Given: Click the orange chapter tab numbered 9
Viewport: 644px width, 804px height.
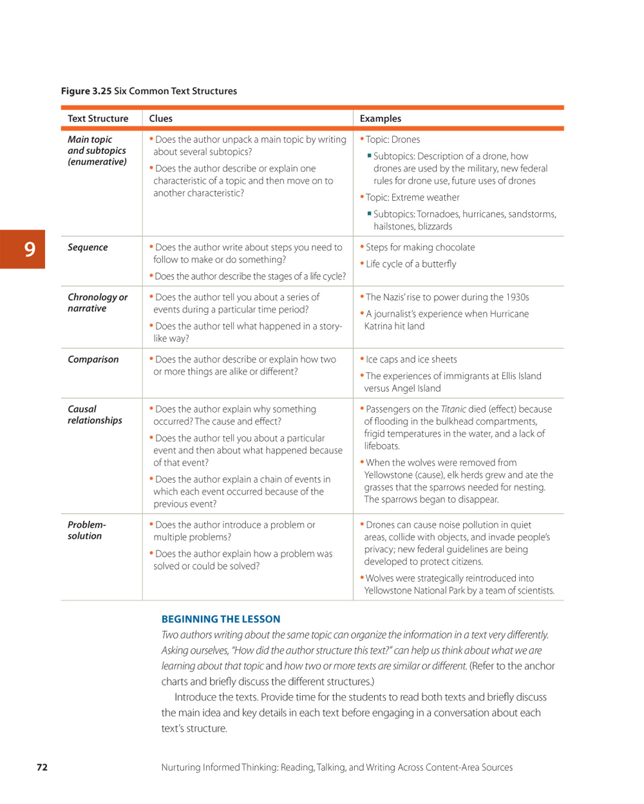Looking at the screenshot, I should tap(23, 249).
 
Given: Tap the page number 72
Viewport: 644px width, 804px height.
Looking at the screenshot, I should tap(42, 767).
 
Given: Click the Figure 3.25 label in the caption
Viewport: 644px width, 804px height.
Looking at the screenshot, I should tap(86, 91).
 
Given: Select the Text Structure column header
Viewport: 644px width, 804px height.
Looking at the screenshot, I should tap(98, 118).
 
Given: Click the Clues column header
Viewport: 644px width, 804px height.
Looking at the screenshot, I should tap(161, 118).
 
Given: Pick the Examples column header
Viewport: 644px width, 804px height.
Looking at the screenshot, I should tap(380, 118).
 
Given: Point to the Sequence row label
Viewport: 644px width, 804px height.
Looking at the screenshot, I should tap(88, 247).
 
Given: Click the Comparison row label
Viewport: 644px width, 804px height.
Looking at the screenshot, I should tap(93, 359).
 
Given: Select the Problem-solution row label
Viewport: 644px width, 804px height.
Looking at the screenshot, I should tap(86, 530).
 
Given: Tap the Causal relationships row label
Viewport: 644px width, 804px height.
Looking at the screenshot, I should tap(95, 415).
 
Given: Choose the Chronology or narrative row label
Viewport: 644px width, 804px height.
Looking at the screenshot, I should tap(97, 303).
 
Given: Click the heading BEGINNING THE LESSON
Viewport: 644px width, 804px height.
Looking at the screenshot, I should tap(221, 619).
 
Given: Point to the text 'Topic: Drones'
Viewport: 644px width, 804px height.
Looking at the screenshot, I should tap(393, 139).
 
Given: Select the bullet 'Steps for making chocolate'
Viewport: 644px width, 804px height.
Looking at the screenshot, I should tap(420, 247).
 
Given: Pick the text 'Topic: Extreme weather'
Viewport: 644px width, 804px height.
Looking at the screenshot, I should tap(412, 197).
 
